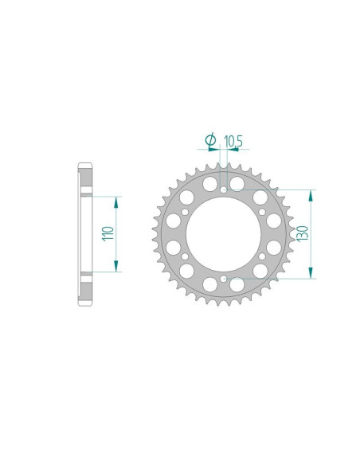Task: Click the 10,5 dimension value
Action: click(233, 141)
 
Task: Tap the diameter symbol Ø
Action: click(210, 141)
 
